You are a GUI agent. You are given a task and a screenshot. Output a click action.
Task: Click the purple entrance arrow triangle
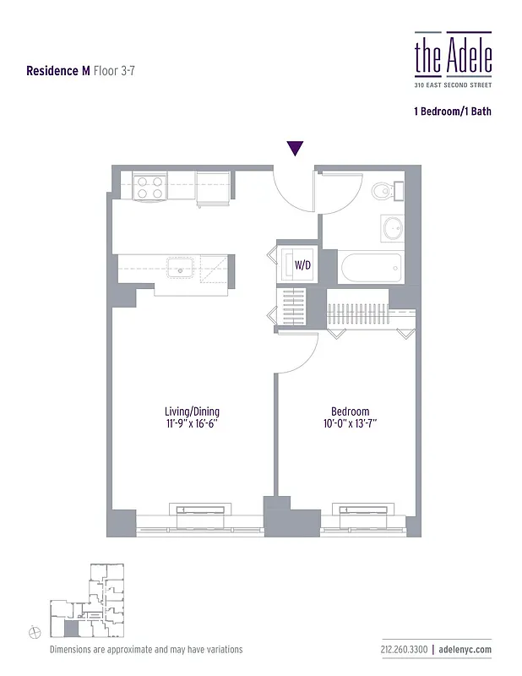(x=295, y=149)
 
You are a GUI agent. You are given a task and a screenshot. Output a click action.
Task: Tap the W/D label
(x=302, y=265)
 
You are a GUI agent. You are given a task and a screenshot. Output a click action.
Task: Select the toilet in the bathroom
(x=384, y=190)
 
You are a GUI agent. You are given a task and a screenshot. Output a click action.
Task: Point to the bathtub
(x=370, y=268)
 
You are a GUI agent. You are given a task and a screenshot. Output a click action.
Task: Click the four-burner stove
(x=150, y=187)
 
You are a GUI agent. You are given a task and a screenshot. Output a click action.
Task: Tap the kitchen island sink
(x=182, y=268)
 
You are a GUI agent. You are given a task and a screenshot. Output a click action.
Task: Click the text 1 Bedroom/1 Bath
(x=452, y=112)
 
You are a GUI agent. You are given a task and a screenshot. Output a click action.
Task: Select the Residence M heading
(x=58, y=71)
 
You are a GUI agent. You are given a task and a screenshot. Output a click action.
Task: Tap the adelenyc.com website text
(x=465, y=649)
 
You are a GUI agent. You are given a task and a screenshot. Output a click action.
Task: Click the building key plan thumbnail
(x=88, y=601)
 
